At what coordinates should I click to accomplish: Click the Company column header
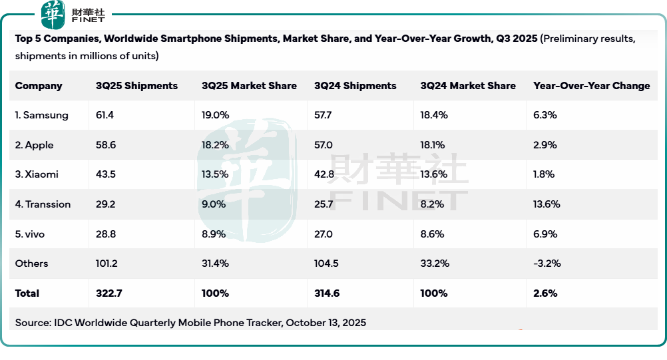[x=39, y=86]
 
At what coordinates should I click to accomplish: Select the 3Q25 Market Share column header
[x=249, y=86]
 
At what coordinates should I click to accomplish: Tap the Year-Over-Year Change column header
[x=591, y=86]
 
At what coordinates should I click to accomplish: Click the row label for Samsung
[x=41, y=115]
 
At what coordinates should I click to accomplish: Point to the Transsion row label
[x=43, y=204]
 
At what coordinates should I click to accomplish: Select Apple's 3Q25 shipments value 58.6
[x=105, y=145]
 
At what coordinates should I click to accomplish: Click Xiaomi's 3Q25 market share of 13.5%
[x=215, y=174]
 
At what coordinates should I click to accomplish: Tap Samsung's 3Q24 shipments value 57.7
[x=323, y=115]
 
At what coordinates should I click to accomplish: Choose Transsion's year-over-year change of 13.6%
[x=547, y=204]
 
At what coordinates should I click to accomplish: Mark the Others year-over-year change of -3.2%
[x=547, y=264]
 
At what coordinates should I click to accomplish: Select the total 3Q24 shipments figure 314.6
[x=326, y=293]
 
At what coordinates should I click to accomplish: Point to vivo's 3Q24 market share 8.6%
[x=433, y=234]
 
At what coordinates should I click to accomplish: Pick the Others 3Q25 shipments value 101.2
[x=107, y=264]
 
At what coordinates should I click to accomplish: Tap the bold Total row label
[x=27, y=293]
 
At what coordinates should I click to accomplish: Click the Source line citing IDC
[x=190, y=323]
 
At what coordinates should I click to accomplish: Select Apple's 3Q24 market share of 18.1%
[x=433, y=145]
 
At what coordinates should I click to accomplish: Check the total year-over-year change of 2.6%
[x=545, y=293]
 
